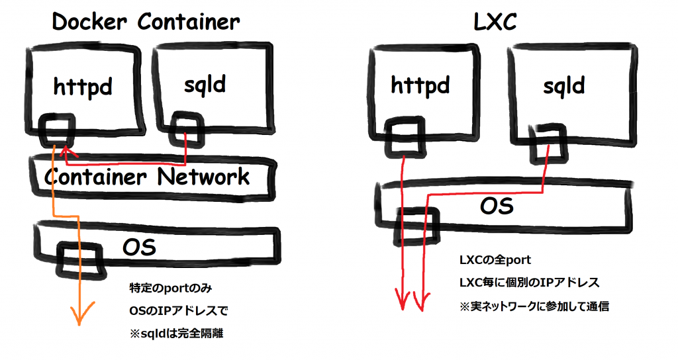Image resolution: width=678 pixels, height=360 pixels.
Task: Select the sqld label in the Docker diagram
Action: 203,84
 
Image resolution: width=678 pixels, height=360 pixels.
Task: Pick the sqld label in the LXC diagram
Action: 563,86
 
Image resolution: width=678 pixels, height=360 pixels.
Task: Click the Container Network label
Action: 147,177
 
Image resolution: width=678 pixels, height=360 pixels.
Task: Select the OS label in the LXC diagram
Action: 497,206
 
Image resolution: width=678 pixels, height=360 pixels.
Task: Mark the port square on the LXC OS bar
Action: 416,224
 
